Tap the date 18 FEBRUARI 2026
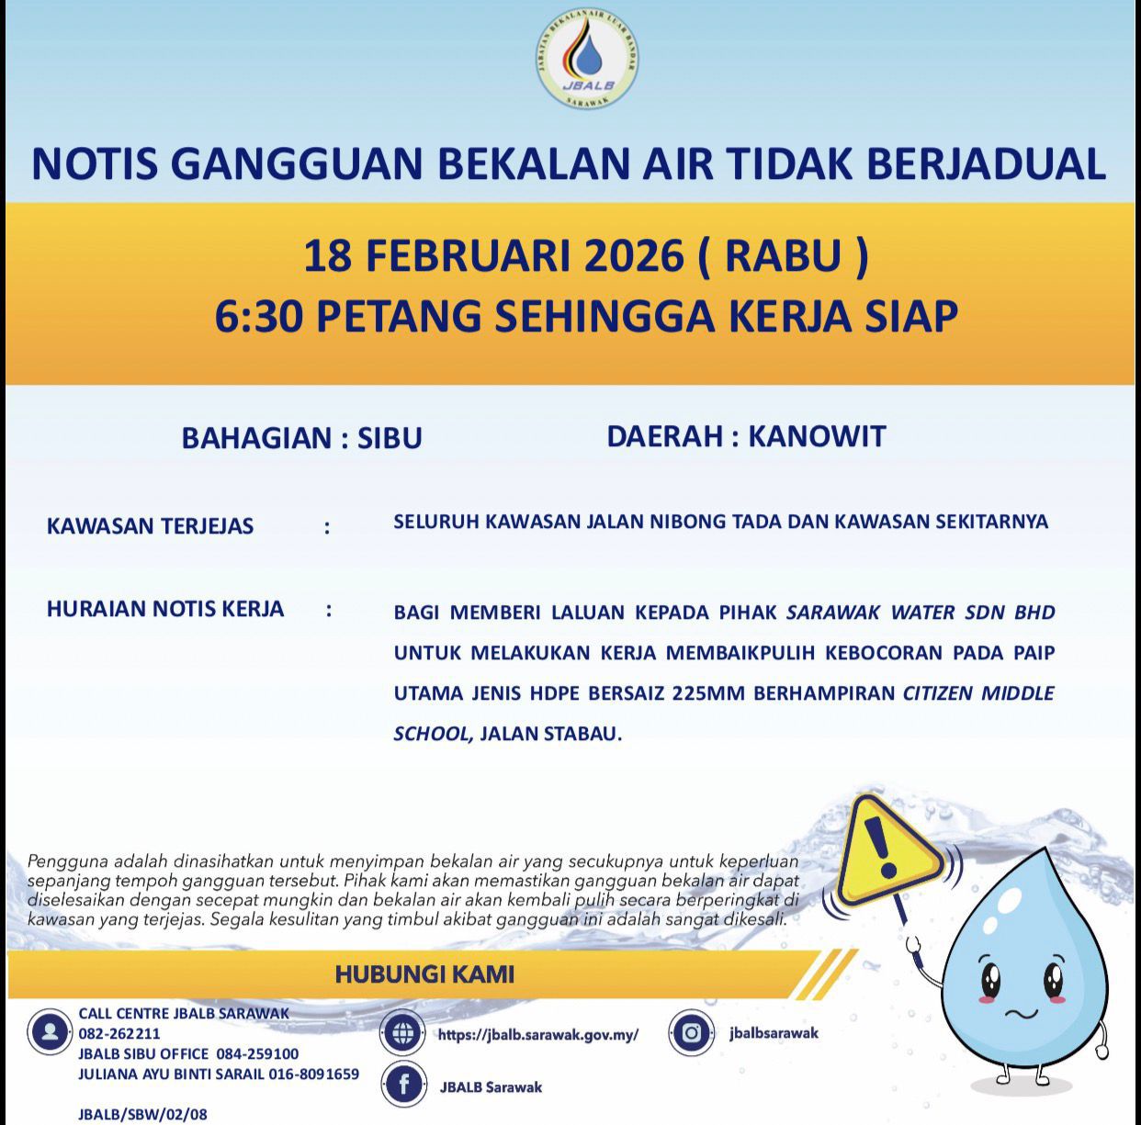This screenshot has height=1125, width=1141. pyautogui.click(x=493, y=256)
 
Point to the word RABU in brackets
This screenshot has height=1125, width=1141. pyautogui.click(x=782, y=256)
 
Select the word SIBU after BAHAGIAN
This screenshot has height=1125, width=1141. pyautogui.click(x=390, y=438)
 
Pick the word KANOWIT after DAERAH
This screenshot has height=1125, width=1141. pyautogui.click(x=817, y=435)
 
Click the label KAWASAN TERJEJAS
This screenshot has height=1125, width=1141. pyautogui.click(x=150, y=526)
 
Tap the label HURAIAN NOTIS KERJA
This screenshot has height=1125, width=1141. pyautogui.click(x=165, y=609)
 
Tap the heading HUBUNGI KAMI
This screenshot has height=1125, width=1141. pyautogui.click(x=424, y=973)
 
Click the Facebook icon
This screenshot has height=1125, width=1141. pyautogui.click(x=403, y=1086)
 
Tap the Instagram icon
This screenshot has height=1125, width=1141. pyautogui.click(x=692, y=1033)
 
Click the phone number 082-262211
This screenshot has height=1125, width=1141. pyautogui.click(x=119, y=1033)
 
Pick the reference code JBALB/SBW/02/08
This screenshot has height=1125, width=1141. pyautogui.click(x=142, y=1114)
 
